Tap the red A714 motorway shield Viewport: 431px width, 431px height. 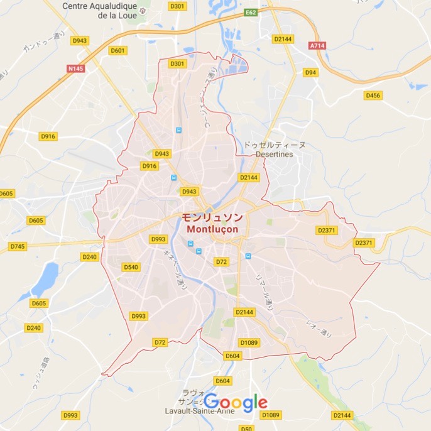coord(318,46)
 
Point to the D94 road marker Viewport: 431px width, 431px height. coord(310,72)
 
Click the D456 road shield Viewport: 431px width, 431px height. coord(373,95)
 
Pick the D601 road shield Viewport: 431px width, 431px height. coord(117,50)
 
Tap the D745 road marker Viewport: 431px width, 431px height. coord(18,246)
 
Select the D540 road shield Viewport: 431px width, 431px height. coord(130,267)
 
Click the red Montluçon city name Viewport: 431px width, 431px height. coord(212,229)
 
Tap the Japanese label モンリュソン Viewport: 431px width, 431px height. coord(212,217)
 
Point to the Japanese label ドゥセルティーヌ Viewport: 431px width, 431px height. coord(275,145)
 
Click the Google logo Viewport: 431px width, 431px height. coord(236,402)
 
